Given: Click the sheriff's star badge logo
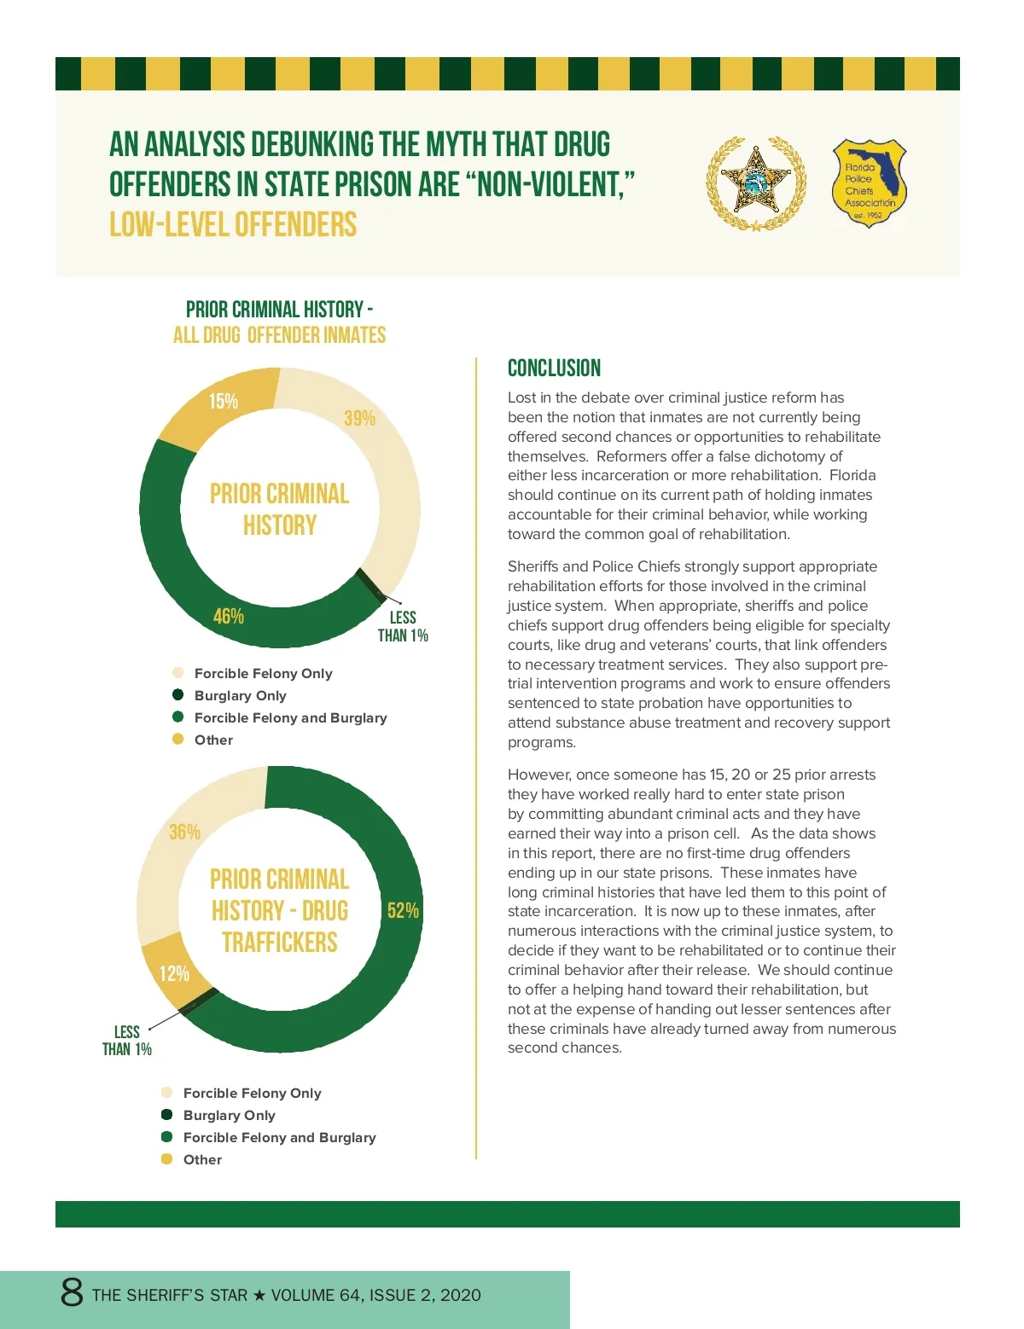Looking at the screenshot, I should point(756,183).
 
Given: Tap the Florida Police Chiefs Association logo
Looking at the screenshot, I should point(869,183).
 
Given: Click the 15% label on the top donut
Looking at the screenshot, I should point(224,401).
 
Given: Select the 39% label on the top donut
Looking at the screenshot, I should point(359,418).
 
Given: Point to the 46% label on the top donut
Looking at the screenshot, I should point(229,616).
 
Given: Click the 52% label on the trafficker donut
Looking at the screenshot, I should point(403,910).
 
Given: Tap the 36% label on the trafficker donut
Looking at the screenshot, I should point(184,832).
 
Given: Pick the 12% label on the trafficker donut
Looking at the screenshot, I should point(174,973).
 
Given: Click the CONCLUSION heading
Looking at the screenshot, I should point(554,369).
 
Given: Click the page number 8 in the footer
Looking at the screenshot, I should point(72,1292).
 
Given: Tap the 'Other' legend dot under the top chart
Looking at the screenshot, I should point(177,739).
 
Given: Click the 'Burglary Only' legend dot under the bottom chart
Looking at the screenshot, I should point(166,1114).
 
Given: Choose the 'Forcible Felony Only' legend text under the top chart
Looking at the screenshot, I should point(263,673).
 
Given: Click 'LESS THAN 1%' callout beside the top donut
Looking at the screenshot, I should point(403,626).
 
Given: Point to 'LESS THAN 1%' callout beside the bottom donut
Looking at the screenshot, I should point(126,1041).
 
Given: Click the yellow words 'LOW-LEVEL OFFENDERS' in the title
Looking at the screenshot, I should point(233,224).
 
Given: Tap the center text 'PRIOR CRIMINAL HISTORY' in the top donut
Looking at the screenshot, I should point(279,509).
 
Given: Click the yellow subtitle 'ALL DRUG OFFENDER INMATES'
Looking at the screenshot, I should point(279,335).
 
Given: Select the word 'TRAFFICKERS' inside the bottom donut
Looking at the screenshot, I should point(279,943).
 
